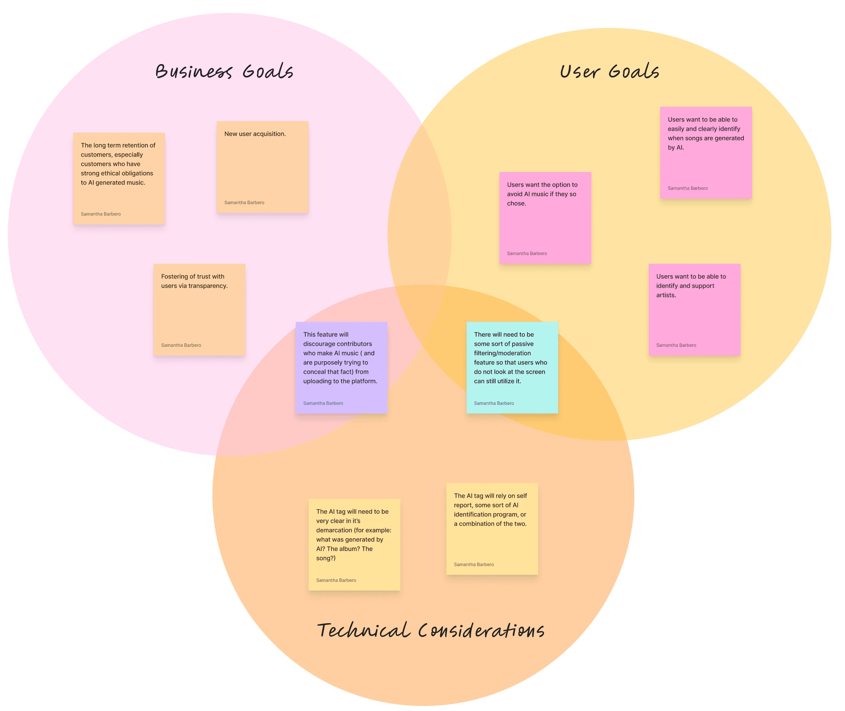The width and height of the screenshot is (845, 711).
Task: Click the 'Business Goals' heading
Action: (224, 72)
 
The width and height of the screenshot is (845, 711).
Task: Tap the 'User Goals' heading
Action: (609, 72)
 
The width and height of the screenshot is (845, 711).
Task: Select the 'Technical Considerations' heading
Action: (431, 631)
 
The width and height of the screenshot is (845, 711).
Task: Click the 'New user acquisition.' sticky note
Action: (263, 167)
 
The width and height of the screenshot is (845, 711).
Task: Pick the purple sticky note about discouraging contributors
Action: (341, 368)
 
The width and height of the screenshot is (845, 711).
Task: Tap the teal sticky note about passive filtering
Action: (512, 368)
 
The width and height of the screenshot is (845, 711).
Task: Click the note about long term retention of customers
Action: (119, 178)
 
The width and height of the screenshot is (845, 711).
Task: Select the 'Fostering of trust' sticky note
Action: (199, 310)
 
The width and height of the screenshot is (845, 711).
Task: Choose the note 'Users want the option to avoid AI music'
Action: (545, 218)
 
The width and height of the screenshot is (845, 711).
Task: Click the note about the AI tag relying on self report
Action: (492, 529)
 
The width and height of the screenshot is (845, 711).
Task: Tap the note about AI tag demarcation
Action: (354, 544)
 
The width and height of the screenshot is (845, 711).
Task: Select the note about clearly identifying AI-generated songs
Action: (706, 153)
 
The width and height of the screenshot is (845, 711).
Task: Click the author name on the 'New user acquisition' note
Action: (244, 203)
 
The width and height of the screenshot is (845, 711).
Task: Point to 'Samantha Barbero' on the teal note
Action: (494, 404)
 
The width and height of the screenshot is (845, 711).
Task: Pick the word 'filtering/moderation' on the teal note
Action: (502, 353)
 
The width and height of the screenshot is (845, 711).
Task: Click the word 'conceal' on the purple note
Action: (315, 372)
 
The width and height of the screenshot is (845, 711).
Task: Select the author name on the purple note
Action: (323, 404)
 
